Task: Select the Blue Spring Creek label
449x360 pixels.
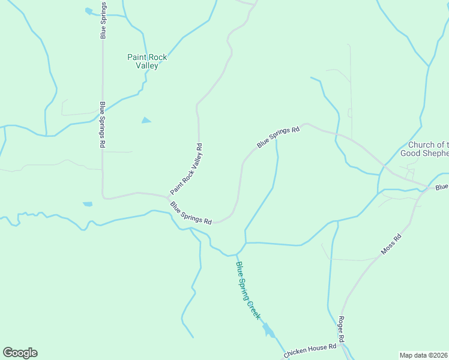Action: [x=248, y=290]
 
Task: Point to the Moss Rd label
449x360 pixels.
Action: [x=390, y=244]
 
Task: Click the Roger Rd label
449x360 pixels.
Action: [x=341, y=330]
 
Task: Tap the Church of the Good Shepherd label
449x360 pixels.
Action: [x=428, y=149]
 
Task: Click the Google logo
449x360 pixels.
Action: [x=20, y=353]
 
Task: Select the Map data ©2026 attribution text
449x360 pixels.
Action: [x=424, y=354]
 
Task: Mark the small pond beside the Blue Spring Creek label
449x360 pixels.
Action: [x=268, y=330]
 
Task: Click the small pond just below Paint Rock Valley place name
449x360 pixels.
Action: [x=146, y=121]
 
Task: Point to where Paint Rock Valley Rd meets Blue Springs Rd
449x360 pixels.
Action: [x=168, y=197]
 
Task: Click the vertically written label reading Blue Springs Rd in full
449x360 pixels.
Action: [x=103, y=125]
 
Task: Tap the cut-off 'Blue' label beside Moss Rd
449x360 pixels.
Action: [x=442, y=188]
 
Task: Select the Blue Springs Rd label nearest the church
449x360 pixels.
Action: [x=278, y=137]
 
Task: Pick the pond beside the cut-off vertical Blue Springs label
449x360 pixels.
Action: [x=89, y=11]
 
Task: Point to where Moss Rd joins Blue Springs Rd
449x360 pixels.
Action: [x=427, y=186]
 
